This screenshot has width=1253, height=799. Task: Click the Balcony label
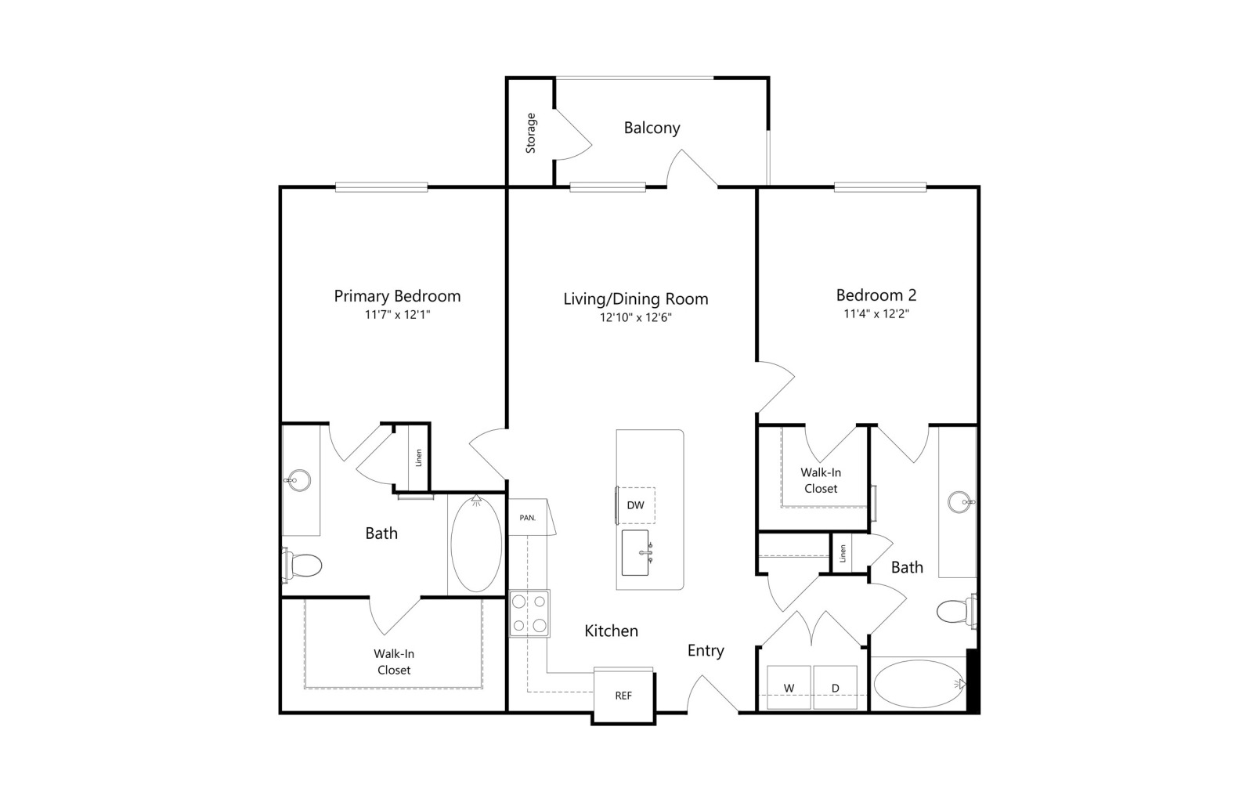pyautogui.click(x=652, y=128)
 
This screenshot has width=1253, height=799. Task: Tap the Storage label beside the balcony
pyautogui.click(x=530, y=133)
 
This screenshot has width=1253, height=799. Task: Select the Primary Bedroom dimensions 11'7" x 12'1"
pyautogui.click(x=397, y=314)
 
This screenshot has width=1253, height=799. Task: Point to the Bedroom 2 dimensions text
pyautogui.click(x=876, y=314)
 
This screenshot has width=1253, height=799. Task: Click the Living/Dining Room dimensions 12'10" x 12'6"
pyautogui.click(x=635, y=318)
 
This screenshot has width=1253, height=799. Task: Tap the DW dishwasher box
pyautogui.click(x=635, y=505)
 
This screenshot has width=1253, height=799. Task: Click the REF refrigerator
pyautogui.click(x=623, y=696)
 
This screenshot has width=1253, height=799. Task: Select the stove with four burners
pyautogui.click(x=529, y=613)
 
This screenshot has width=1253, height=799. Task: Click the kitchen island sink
pyautogui.click(x=636, y=553)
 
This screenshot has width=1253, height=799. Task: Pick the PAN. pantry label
pyautogui.click(x=528, y=518)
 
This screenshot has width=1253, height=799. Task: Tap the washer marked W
pyautogui.click(x=789, y=688)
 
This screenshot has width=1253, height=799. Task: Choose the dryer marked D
pyautogui.click(x=835, y=688)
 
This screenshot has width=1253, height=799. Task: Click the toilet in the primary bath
pyautogui.click(x=302, y=565)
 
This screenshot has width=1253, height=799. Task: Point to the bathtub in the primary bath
pyautogui.click(x=476, y=543)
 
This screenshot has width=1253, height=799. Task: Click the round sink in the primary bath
pyautogui.click(x=298, y=480)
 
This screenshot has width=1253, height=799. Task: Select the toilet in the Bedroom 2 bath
pyautogui.click(x=956, y=611)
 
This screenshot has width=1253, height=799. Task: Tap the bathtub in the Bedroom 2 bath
pyautogui.click(x=919, y=685)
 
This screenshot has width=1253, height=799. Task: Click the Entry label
pyautogui.click(x=706, y=651)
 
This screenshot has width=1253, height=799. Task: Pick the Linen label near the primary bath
pyautogui.click(x=418, y=458)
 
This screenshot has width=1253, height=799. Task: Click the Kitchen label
pyautogui.click(x=611, y=631)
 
